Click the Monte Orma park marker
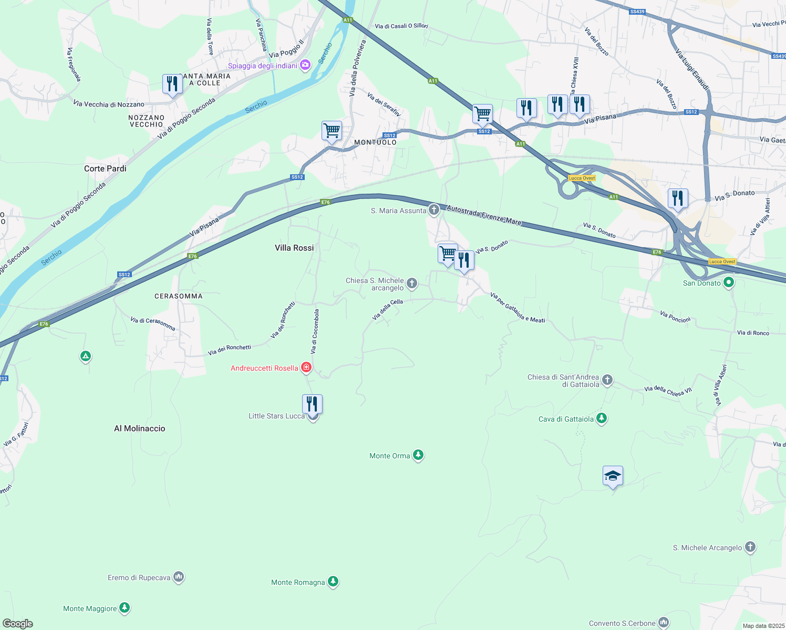click(x=418, y=455)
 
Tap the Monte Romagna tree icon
click(x=333, y=582)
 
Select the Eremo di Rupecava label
click(x=139, y=577)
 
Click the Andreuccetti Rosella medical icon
click(x=306, y=367)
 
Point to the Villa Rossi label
click(x=294, y=248)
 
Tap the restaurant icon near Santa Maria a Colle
click(x=172, y=84)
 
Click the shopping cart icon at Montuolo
click(x=332, y=131)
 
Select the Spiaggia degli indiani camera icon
click(x=305, y=65)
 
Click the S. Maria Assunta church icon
click(x=433, y=210)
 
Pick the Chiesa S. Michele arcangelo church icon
click(x=412, y=283)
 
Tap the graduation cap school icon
click(x=613, y=476)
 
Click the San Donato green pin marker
click(x=728, y=283)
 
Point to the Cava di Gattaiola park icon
click(x=602, y=418)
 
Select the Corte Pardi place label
click(x=105, y=169)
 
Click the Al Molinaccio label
click(x=140, y=428)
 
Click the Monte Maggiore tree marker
click(x=125, y=608)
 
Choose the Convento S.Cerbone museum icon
click(x=664, y=623)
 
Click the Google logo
click(x=18, y=623)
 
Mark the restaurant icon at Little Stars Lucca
click(x=312, y=405)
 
